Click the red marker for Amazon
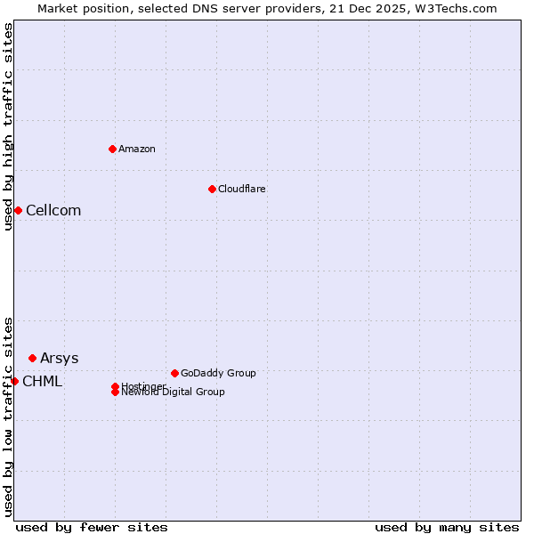(x=112, y=149)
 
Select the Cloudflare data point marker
(x=212, y=189)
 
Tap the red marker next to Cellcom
(x=18, y=210)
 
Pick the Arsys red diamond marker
(x=32, y=358)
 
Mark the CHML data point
(x=14, y=381)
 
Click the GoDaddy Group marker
(x=174, y=373)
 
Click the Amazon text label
(x=137, y=149)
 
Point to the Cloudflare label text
(x=242, y=189)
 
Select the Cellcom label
(x=53, y=210)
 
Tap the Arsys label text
(x=59, y=358)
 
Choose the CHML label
(x=42, y=381)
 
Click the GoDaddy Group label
(x=218, y=373)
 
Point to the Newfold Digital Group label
(x=173, y=392)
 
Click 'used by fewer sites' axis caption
(x=92, y=527)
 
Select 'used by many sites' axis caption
(x=447, y=527)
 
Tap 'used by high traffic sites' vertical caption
(x=8, y=126)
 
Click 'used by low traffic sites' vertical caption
(x=8, y=416)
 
